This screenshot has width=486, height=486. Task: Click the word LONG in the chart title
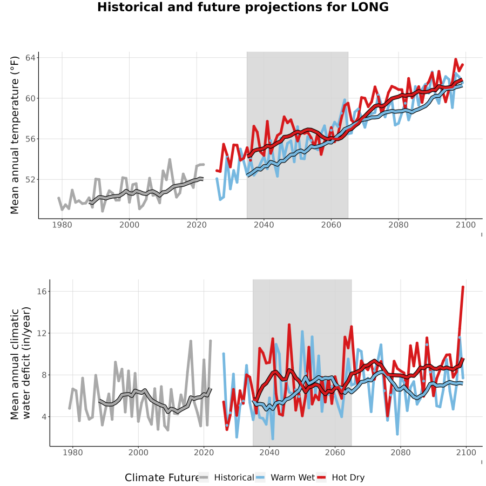370,7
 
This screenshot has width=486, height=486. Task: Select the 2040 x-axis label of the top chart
264,225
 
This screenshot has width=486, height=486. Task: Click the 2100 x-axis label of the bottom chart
466,453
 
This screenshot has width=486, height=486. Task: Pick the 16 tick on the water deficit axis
42,292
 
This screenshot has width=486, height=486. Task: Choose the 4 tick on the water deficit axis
44,417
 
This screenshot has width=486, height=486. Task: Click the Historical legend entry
234,477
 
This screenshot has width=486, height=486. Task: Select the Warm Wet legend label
293,477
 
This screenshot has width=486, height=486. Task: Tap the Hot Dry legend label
348,477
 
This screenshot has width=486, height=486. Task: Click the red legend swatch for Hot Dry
321,477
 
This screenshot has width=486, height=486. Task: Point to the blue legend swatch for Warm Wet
261,477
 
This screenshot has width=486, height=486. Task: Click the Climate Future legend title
161,477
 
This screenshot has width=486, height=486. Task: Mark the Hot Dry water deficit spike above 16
463,287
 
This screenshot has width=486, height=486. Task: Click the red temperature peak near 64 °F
456,59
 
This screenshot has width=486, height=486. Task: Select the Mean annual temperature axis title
15,135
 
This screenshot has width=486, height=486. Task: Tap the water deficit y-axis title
21,363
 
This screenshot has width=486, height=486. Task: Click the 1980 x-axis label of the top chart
62,225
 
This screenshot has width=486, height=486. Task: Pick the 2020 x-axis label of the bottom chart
204,453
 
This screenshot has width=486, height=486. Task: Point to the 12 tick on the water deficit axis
42,334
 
